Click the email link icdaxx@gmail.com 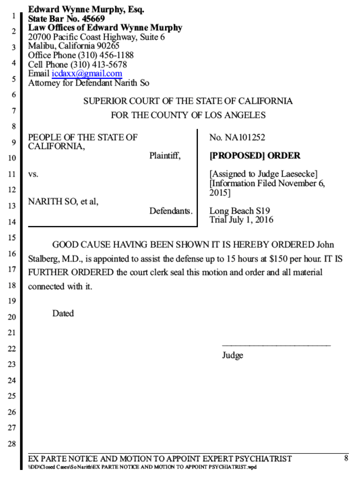(87, 73)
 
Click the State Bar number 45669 (93, 19)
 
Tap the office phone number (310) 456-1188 (106, 55)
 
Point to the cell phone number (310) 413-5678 (99, 64)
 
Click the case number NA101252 (245, 138)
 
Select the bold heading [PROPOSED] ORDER (255, 156)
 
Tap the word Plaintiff (165, 156)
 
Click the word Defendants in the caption (171, 211)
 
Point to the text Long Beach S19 (240, 211)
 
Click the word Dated (63, 313)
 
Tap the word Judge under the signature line (233, 355)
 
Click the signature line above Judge (276, 346)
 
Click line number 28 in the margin (12, 444)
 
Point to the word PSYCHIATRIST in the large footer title (263, 459)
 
